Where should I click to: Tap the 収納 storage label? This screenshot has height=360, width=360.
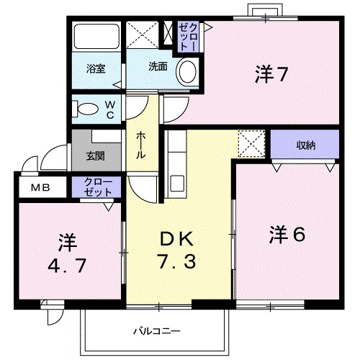305,145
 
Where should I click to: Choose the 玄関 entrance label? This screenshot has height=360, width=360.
96,155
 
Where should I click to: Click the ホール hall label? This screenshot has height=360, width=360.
140,145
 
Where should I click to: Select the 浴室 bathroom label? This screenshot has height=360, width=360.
96,69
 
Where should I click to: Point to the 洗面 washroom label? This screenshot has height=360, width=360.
158,66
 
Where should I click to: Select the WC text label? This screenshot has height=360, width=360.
111,110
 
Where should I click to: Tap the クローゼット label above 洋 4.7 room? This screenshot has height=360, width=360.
97,187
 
